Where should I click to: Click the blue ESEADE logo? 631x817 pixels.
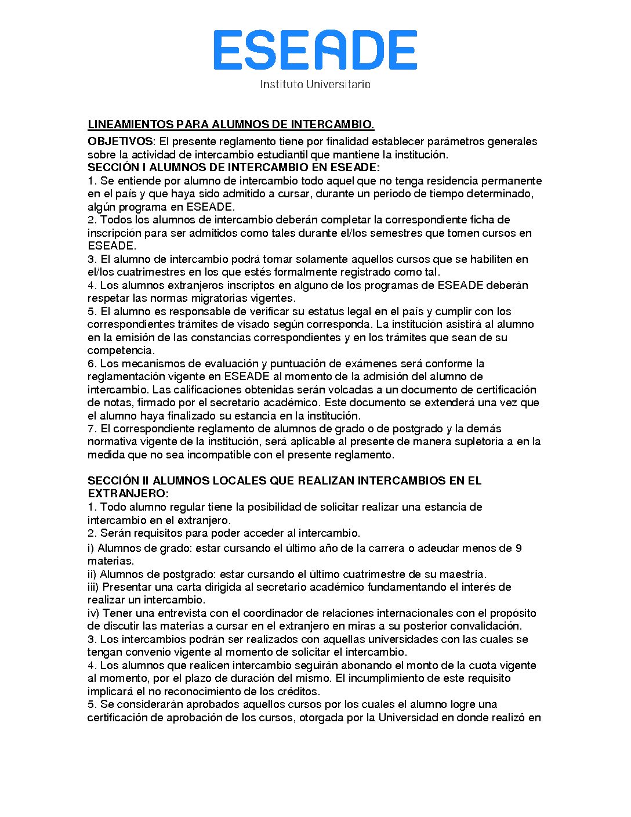click(x=315, y=50)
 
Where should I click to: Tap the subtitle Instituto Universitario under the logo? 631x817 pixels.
click(x=315, y=84)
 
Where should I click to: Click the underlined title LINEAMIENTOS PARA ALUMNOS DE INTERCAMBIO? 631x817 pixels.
click(x=231, y=125)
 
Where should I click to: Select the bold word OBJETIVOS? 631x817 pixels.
click(x=121, y=142)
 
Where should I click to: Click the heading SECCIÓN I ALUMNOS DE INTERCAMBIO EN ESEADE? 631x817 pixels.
click(x=233, y=168)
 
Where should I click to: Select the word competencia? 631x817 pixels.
click(x=121, y=350)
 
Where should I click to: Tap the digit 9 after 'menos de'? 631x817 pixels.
click(x=518, y=548)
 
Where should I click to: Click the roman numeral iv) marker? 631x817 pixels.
click(x=94, y=613)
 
